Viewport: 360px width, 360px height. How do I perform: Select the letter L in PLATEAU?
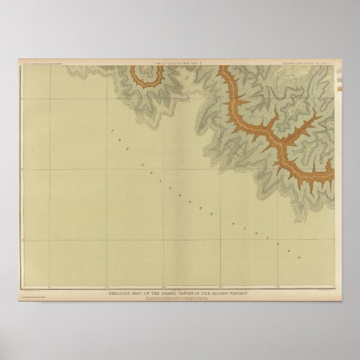click(230, 225)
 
